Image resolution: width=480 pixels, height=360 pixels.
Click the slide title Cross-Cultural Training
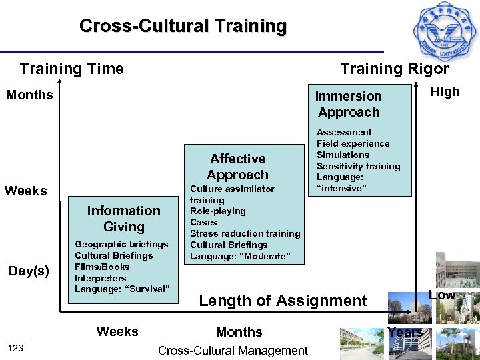(183, 26)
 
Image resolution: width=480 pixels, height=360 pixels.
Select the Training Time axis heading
(72, 69)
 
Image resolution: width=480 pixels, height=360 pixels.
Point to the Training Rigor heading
(395, 69)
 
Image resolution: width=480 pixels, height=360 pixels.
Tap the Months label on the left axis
(29, 95)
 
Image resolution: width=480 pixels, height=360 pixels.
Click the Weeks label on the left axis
(26, 191)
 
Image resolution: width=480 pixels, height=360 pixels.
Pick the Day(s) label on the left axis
(29, 271)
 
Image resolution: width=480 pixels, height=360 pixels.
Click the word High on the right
(445, 92)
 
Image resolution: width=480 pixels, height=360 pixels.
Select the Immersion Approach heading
(349, 104)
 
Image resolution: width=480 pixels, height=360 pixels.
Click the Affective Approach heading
(237, 167)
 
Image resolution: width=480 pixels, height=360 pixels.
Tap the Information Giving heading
(123, 219)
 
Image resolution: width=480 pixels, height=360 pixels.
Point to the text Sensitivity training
(358, 166)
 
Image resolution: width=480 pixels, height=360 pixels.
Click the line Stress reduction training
(245, 233)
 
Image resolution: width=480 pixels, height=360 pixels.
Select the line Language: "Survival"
(123, 289)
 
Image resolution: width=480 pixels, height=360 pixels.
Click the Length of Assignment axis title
(283, 301)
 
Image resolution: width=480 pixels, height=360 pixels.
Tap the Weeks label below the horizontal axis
(117, 331)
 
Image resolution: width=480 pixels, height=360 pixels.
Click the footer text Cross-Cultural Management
(233, 350)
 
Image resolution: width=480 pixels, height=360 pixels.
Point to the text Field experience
(353, 143)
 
